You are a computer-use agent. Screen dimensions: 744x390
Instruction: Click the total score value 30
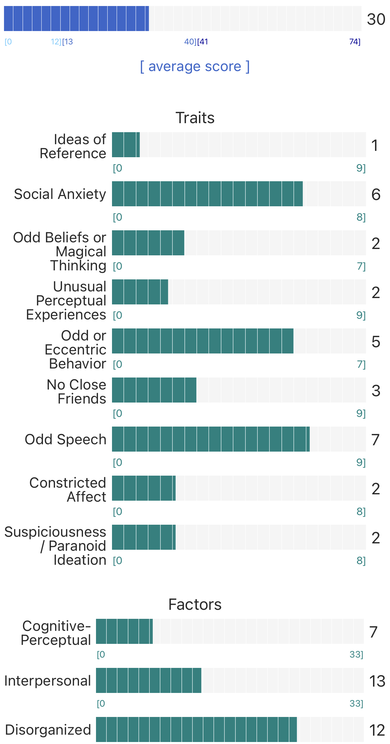click(376, 19)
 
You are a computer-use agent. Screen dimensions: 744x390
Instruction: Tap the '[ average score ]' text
click(195, 66)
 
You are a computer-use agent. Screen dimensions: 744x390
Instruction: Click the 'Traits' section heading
click(195, 118)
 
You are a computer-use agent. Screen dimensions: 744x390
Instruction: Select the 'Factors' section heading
click(195, 604)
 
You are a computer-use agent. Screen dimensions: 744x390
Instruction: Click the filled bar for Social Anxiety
click(207, 194)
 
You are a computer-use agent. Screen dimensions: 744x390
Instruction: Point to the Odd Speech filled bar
click(211, 439)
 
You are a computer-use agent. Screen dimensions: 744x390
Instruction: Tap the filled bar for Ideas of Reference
click(126, 145)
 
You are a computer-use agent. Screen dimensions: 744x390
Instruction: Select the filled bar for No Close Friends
click(154, 390)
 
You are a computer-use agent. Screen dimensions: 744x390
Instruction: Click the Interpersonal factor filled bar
click(149, 680)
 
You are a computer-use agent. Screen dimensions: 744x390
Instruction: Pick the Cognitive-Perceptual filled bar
click(124, 631)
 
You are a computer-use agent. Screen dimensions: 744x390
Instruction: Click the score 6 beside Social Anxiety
click(376, 194)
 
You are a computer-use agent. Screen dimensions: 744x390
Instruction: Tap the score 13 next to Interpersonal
click(377, 681)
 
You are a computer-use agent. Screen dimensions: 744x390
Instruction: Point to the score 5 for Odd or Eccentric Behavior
click(376, 341)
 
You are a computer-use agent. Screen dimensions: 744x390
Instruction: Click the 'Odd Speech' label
click(65, 439)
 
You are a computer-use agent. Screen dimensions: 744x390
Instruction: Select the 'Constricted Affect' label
click(68, 490)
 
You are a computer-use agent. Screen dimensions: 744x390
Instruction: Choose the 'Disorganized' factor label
click(48, 730)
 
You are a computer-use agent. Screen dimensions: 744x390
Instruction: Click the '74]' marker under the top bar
click(355, 42)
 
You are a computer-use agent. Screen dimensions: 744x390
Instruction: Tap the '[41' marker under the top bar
click(203, 42)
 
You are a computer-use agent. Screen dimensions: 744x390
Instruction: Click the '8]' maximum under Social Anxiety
click(361, 217)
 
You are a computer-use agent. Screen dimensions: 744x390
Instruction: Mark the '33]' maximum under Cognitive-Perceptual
click(356, 655)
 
